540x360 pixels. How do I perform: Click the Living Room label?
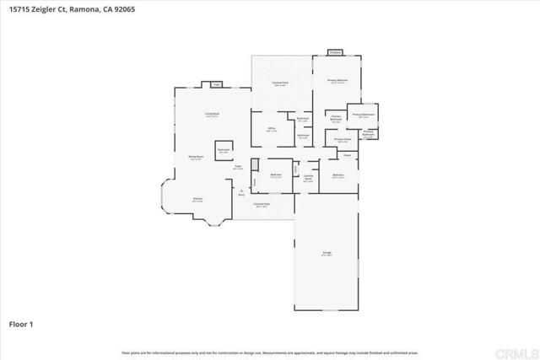pos(212,114)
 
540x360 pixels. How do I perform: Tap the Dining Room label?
pos(194,158)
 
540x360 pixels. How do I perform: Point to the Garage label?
pos(327,253)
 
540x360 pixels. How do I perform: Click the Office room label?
pos(272,129)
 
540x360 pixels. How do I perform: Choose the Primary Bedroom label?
pos(337,81)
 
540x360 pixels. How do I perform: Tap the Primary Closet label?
pos(342,140)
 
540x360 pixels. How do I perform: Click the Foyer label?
pos(239,167)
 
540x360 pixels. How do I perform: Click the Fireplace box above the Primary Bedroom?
pos(334,52)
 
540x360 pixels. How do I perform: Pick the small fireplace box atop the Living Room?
pos(215,84)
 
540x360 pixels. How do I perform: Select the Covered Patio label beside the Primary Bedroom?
pos(281,83)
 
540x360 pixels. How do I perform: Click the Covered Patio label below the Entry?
pos(262,205)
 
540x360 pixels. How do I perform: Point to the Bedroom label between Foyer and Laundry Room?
pos(275,176)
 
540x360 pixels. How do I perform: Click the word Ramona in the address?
pos(91,11)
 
